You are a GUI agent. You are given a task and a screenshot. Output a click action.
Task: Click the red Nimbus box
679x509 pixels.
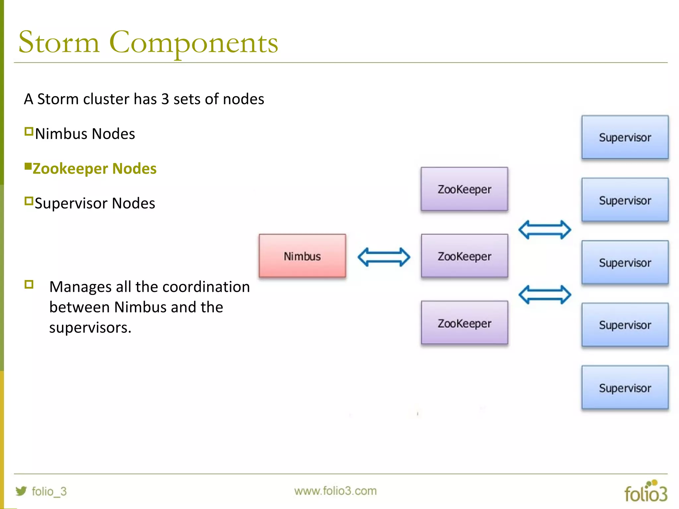(302, 256)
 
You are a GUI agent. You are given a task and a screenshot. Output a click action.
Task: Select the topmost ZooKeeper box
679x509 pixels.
(464, 189)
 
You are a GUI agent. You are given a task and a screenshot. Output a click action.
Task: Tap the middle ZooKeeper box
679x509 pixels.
(464, 256)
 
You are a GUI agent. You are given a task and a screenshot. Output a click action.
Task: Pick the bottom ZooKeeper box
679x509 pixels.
(464, 323)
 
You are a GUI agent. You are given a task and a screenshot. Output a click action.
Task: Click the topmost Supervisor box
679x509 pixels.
(625, 137)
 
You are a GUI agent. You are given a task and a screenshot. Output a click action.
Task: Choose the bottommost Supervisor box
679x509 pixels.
(625, 387)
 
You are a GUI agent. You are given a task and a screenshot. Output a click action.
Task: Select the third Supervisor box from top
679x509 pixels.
(625, 262)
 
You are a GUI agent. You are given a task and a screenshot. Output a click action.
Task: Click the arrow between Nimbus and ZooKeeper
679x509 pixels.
(384, 257)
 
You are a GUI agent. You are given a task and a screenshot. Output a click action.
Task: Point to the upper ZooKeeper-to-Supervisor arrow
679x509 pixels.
(544, 230)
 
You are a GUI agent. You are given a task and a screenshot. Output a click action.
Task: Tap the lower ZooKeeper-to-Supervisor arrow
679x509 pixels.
(544, 295)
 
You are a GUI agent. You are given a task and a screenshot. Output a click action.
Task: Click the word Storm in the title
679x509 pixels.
(59, 42)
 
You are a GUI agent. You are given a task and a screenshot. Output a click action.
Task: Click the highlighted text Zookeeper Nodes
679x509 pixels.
(94, 169)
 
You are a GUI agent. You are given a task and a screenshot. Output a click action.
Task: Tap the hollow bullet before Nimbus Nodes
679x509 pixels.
(29, 132)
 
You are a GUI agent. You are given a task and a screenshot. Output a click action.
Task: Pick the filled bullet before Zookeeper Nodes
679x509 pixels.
(28, 166)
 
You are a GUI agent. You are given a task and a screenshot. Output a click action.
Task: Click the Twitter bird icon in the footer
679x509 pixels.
(21, 491)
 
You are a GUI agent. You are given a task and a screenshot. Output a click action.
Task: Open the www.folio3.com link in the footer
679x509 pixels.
(335, 491)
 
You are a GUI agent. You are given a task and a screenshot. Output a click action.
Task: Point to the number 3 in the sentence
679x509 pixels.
(165, 99)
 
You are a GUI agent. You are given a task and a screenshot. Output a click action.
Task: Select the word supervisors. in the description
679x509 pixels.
(90, 328)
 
